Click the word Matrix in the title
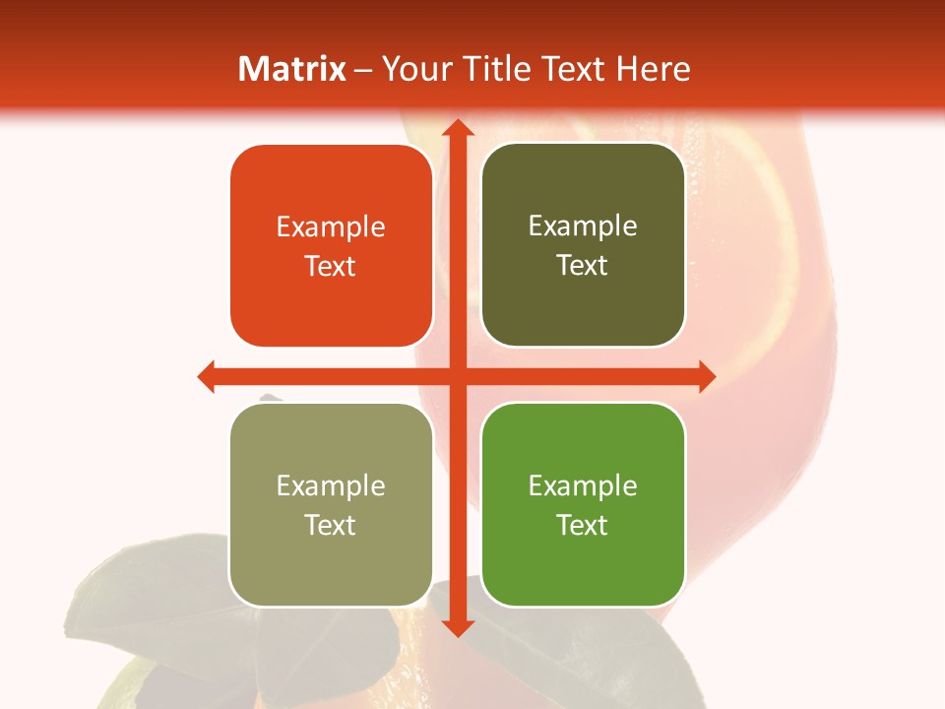coord(292,69)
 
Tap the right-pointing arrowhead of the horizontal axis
coord(706,376)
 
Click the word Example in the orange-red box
coord(331,227)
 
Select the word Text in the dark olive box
coord(583,266)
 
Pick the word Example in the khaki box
coord(331,485)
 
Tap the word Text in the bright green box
coord(583,525)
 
